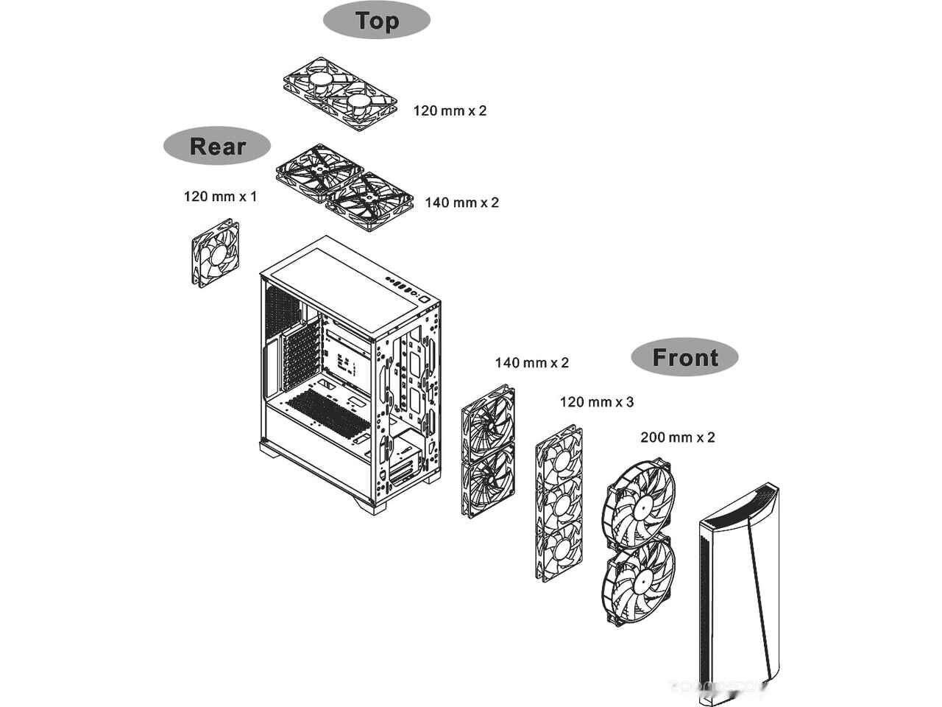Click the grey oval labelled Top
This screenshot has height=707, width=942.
[x=376, y=21]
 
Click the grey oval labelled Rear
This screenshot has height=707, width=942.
[x=217, y=146]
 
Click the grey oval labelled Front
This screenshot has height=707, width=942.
[x=684, y=358]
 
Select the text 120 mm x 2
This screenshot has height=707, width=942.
[x=450, y=110]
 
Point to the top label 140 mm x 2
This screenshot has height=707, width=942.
[x=461, y=202]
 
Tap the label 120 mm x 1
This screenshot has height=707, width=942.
[x=220, y=197]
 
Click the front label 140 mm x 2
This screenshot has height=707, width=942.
[x=531, y=362]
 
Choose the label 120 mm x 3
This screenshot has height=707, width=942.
[x=596, y=402]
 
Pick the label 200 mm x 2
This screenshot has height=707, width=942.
[x=677, y=437]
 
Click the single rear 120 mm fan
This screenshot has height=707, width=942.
[x=216, y=253]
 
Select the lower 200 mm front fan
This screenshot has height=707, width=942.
[x=637, y=579]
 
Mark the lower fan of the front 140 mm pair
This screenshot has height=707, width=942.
[x=487, y=481]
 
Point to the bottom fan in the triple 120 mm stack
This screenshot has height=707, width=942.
[x=558, y=549]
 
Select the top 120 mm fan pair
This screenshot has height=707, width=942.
[x=340, y=93]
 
